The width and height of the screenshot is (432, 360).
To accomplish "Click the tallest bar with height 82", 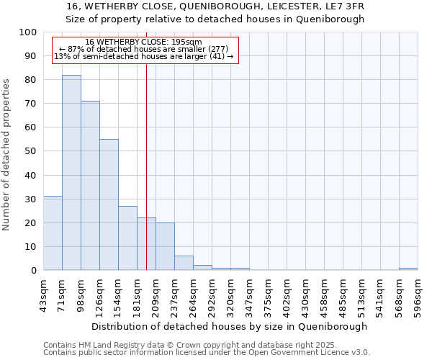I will tap(71, 173).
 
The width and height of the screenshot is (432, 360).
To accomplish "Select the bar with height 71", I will tap(90, 186).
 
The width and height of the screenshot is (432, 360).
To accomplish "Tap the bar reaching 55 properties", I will tap(109, 204).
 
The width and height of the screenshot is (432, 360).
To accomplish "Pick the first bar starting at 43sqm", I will tap(53, 233).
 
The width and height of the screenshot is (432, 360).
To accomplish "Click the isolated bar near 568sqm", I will tap(408, 269).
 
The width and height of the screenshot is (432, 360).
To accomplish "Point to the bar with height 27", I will tap(127, 238).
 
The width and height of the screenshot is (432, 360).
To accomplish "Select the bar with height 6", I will tap(184, 263).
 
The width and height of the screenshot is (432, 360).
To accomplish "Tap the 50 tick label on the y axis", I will tap(31, 151).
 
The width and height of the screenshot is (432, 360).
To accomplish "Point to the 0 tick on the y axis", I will tap(34, 271).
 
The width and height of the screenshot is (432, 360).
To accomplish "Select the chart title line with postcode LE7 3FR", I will tap(215, 6).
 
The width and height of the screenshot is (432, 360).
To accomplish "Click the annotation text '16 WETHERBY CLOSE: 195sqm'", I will tap(143, 42).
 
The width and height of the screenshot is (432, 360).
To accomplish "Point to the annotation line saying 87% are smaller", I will tap(143, 49).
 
